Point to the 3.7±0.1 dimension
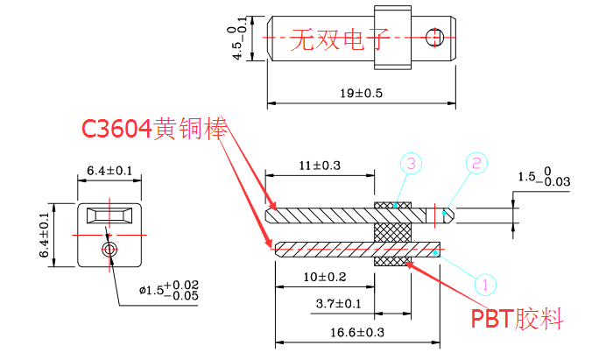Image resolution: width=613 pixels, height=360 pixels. click(338, 304)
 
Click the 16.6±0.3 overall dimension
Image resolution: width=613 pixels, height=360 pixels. click(357, 333)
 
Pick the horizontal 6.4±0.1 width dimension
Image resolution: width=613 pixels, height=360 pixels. click(109, 170)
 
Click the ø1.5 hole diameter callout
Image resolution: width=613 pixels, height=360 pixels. click(168, 290)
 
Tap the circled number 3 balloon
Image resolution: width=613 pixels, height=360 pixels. click(412, 163)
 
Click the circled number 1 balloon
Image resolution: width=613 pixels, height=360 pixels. click(486, 284)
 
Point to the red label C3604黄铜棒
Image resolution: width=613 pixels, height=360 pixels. click(155, 129)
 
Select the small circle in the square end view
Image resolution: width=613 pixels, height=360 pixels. click(109, 250)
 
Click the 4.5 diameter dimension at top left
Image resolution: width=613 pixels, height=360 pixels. click(237, 42)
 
